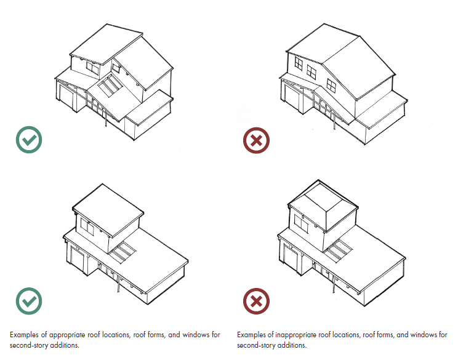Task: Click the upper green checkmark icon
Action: click(29, 140)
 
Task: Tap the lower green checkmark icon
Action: click(29, 301)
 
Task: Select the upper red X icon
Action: click(256, 140)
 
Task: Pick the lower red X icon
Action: click(256, 301)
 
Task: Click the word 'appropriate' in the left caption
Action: click(67, 335)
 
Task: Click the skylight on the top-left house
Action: click(110, 86)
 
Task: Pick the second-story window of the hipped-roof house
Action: click(302, 223)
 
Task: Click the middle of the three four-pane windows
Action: click(311, 72)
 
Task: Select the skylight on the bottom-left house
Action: click(123, 252)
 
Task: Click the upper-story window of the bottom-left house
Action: click(87, 227)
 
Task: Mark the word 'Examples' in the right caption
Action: click(251, 335)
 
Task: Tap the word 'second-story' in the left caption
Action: click(28, 345)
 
